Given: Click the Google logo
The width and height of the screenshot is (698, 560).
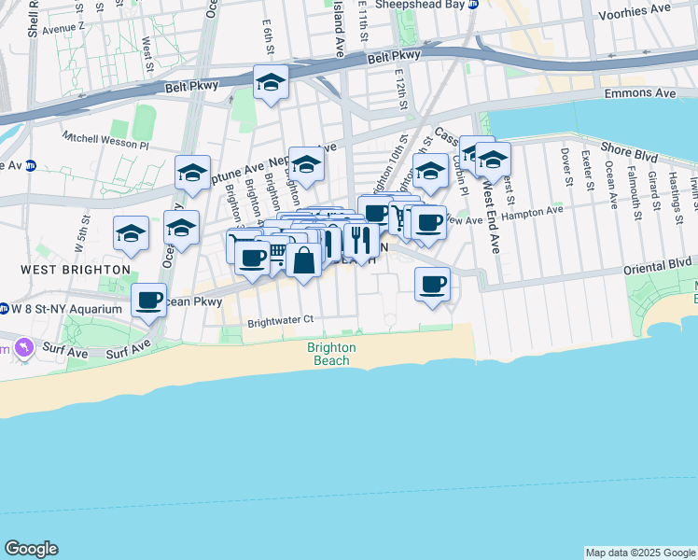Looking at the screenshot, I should [x=31, y=549].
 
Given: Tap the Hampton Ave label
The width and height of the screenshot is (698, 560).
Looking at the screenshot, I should [x=532, y=213].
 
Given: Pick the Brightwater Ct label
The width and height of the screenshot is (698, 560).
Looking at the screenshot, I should [x=279, y=321].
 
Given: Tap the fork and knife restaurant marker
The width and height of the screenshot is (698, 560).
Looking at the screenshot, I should [x=360, y=239].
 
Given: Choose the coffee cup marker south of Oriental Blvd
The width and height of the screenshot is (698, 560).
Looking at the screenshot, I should [x=432, y=284].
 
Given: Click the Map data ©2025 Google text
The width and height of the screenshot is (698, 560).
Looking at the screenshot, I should [x=640, y=553].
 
